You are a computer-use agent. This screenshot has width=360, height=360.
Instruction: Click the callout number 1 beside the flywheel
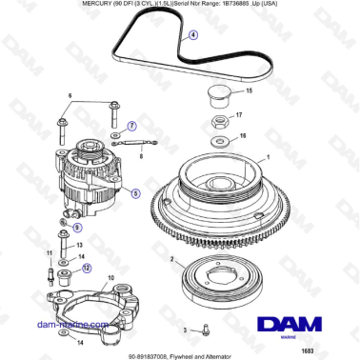click(269, 156)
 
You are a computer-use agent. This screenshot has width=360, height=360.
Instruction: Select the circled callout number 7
click(132, 125)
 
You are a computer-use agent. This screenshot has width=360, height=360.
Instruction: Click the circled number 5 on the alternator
click(135, 192)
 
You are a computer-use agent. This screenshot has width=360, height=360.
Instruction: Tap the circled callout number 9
click(77, 229)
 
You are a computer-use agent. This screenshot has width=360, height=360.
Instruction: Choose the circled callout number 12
click(88, 269)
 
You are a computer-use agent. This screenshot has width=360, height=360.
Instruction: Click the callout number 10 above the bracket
click(110, 278)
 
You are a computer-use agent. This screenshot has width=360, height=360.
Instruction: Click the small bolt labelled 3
click(204, 329)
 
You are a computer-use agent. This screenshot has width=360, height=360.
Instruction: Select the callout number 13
click(80, 245)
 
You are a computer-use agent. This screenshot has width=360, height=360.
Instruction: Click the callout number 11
click(49, 252)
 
